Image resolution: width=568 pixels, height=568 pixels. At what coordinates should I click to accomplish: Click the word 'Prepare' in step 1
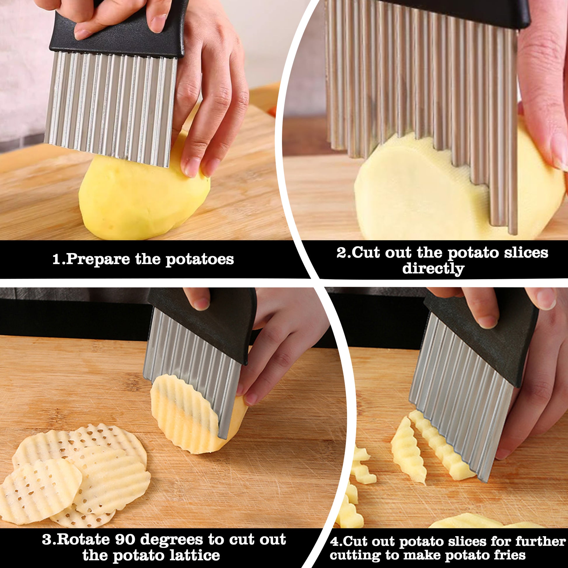click(x=98, y=259)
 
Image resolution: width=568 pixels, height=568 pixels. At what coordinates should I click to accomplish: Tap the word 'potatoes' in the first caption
click(x=200, y=259)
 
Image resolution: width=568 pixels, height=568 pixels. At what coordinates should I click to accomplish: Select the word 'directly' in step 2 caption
click(x=433, y=269)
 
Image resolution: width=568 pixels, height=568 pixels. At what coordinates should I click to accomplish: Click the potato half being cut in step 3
click(x=197, y=414)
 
